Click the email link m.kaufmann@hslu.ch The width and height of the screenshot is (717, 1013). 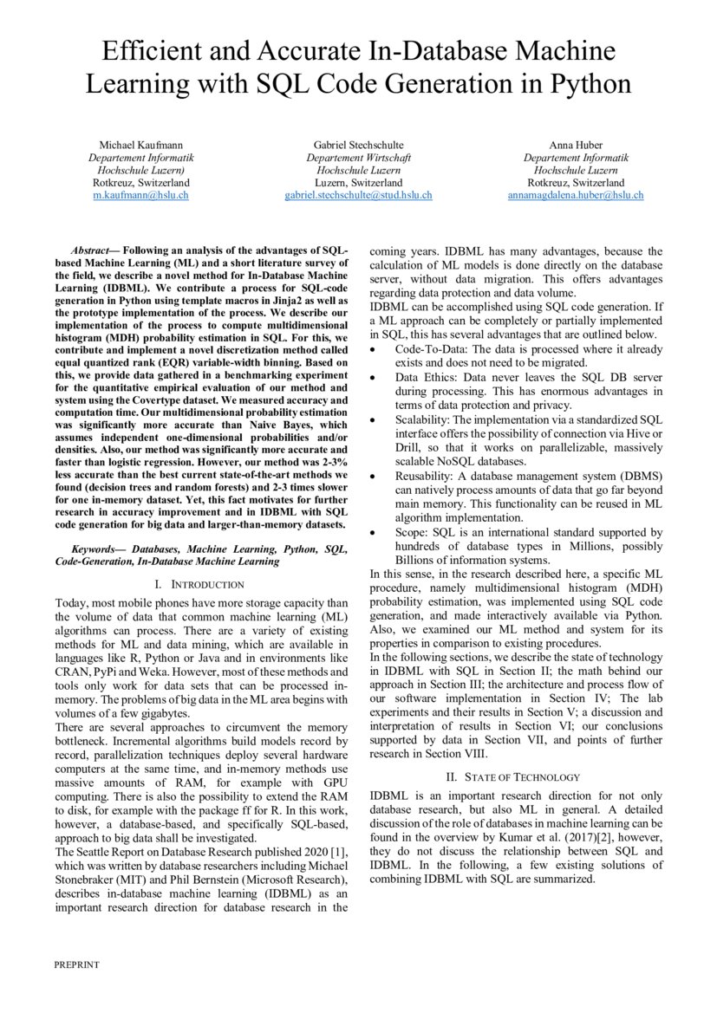point(140,196)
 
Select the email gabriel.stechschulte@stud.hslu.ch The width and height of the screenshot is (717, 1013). point(358,196)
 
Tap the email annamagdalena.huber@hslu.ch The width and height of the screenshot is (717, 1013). point(576,196)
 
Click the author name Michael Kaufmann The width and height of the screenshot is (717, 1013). point(140,145)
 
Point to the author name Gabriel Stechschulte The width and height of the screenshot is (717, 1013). point(358,145)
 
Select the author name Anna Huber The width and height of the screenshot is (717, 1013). point(576,145)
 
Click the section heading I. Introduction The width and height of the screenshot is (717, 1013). point(201,585)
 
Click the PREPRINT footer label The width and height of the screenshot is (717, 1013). point(76,964)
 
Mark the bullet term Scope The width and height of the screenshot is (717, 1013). point(412,532)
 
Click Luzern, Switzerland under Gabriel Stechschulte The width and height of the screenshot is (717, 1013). point(358,184)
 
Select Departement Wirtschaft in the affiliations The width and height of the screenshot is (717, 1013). point(358,158)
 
